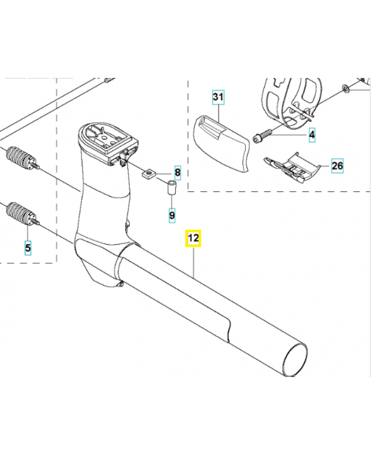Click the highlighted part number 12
(193, 238)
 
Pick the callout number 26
(337, 166)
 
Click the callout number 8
(178, 171)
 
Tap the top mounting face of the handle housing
(107, 138)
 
